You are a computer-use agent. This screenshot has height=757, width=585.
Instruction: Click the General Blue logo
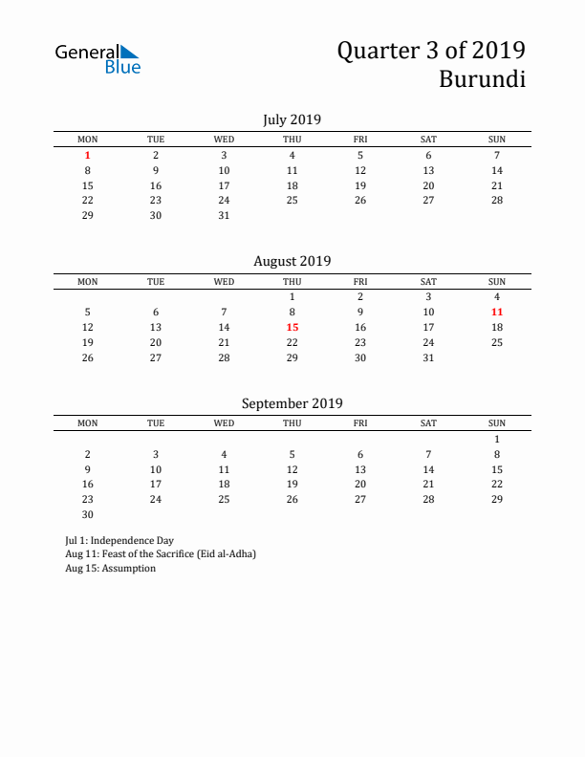pos(97,58)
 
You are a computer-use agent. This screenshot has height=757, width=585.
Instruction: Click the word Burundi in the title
pos(482,79)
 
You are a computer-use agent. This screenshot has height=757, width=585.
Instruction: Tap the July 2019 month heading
pos(292,119)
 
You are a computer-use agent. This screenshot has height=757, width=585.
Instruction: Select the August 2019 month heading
pos(292,261)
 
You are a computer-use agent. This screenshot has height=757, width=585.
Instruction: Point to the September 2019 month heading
pos(292,403)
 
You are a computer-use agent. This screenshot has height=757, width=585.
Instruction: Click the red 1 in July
pos(88,155)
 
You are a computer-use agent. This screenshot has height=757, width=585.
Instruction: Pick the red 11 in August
pos(497,312)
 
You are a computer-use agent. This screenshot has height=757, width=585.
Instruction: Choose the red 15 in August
pos(292,327)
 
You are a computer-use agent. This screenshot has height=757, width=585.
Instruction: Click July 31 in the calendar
pos(224,215)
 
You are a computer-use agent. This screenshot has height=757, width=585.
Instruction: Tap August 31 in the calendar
pos(428,357)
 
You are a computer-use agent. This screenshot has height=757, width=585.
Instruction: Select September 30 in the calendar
pos(88,514)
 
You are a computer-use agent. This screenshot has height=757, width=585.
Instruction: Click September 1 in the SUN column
pos(497,439)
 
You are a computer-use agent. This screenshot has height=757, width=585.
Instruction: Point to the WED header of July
pos(224,140)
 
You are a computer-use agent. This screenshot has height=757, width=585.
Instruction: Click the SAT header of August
pos(428,281)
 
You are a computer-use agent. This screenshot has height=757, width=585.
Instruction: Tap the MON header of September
pos(88,422)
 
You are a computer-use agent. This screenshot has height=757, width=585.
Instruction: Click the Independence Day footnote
pos(113,540)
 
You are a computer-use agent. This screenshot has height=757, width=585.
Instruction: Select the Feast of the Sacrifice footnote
pos(154,554)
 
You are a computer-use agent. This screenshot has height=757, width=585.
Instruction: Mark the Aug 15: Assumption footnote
pos(103,568)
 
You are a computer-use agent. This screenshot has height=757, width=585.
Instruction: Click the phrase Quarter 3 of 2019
pos(430,51)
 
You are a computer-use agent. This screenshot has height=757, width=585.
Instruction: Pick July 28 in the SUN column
pos(497,200)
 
